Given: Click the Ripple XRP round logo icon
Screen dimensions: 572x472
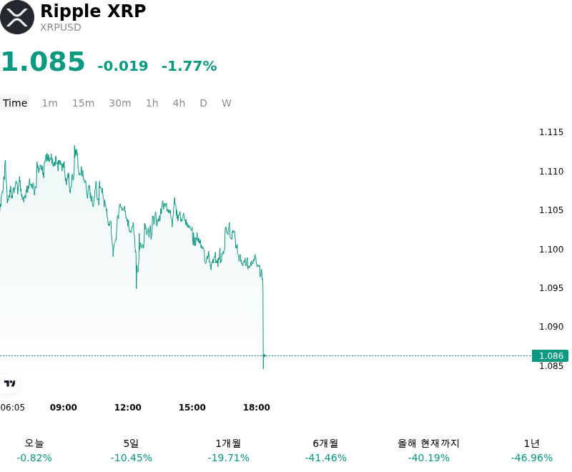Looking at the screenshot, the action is point(17,17).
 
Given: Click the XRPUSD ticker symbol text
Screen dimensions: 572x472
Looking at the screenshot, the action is point(61,27).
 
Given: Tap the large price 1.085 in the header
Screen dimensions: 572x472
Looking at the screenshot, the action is point(43,62).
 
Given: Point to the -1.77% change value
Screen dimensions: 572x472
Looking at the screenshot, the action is point(189,66).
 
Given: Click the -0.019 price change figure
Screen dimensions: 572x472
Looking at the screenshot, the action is point(122,66).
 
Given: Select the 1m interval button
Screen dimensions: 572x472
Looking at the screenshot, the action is point(49,103).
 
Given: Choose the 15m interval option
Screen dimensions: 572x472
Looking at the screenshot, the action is point(83,103).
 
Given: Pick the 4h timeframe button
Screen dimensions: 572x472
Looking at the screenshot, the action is point(179,103).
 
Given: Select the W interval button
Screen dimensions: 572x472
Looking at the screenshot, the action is point(226,103).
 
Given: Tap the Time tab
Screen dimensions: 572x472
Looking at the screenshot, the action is point(15,103).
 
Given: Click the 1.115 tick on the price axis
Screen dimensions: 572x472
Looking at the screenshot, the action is point(551,132).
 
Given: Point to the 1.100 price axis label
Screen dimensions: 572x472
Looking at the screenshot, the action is point(551,249).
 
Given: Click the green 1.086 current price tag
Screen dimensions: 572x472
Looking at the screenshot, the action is point(550,355).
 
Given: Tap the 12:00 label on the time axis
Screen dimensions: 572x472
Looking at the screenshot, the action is point(128,408).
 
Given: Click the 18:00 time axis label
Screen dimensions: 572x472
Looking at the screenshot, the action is point(257,408).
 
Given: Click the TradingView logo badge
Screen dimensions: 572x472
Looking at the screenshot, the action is point(9,383).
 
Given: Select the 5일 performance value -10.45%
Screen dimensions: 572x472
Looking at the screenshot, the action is point(132,458).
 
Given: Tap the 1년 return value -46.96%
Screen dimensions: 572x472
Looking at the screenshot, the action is point(531,458).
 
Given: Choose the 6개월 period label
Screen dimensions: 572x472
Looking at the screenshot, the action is point(325,443).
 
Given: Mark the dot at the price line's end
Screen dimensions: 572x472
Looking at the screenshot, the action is point(264,355).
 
